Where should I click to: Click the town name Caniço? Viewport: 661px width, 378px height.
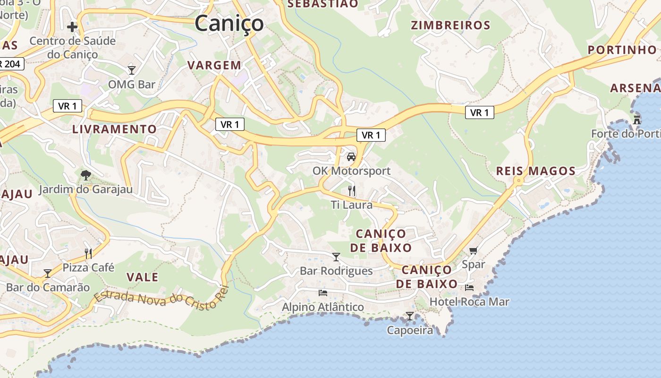(229, 23)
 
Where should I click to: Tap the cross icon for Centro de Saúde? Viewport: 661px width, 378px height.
(72, 27)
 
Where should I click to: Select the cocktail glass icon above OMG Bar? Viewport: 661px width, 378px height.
(132, 70)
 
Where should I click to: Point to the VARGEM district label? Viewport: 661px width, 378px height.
(214, 65)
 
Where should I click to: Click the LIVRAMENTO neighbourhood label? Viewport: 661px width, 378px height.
(114, 129)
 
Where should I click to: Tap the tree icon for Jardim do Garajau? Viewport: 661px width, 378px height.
(85, 176)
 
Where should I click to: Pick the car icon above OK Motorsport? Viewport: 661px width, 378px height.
(351, 157)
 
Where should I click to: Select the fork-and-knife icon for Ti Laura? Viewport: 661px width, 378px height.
(351, 191)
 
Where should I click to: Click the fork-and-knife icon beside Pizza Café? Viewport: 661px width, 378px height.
(88, 253)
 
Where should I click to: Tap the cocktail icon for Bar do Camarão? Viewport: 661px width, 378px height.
(48, 273)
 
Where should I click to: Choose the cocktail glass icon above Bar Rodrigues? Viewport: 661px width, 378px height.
(336, 257)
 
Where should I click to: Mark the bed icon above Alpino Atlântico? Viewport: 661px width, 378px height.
(323, 293)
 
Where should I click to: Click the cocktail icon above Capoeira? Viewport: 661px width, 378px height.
(410, 316)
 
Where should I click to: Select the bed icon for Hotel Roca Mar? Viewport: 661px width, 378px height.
(469, 287)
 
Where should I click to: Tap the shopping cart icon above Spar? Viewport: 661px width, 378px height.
(474, 250)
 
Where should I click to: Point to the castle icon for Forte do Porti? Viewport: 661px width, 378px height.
(637, 120)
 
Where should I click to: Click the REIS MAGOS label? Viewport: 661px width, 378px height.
(535, 171)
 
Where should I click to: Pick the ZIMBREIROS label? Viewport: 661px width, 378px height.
(450, 25)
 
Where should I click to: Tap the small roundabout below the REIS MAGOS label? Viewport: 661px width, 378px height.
(519, 180)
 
